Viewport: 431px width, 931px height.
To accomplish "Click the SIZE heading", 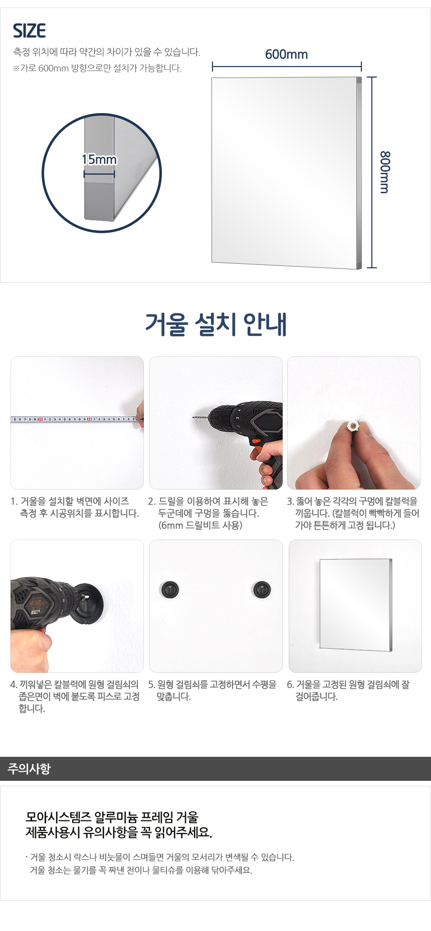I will (x=29, y=31).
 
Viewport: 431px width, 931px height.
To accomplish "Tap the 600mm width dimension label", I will (x=286, y=54).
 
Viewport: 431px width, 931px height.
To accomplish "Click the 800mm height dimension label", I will (x=384, y=172).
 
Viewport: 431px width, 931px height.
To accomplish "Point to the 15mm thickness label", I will (x=99, y=160).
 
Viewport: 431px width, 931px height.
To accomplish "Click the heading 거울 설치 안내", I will (x=215, y=324).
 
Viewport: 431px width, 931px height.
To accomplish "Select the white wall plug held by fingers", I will (x=353, y=426).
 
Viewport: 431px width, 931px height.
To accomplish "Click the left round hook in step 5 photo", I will (x=170, y=589).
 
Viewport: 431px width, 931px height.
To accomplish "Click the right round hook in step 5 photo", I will (x=261, y=589).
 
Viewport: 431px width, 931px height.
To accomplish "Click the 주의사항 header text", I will (x=29, y=768).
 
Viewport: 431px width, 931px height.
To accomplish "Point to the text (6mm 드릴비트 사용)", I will (x=200, y=525).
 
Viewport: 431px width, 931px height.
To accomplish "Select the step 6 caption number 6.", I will (x=290, y=684).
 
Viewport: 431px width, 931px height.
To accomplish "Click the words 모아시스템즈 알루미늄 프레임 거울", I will (x=112, y=817).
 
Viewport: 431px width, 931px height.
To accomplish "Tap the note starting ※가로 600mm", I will (x=97, y=68).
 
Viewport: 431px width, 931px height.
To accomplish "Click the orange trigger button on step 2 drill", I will (x=256, y=441).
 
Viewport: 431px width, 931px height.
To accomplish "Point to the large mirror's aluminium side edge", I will (x=359, y=173).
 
